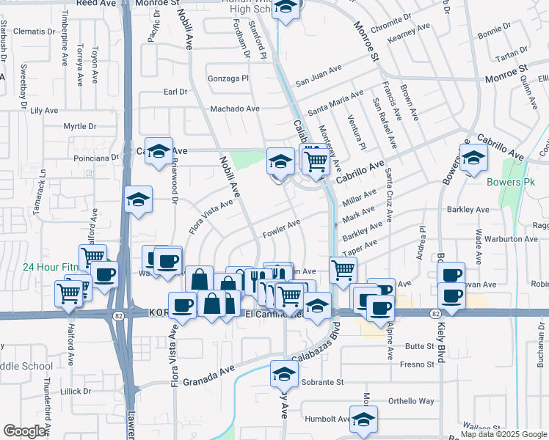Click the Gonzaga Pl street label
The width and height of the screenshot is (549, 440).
230,77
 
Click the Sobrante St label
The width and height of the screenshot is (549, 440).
319,382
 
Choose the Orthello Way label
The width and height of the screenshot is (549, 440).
411,401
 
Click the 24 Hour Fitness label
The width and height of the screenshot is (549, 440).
44,267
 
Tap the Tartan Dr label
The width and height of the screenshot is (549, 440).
512,57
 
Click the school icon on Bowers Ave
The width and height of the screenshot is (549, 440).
473,157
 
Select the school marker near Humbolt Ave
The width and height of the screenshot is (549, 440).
363,419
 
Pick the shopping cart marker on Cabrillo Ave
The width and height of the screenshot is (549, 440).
316,160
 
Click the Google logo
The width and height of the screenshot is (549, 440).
24,431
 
